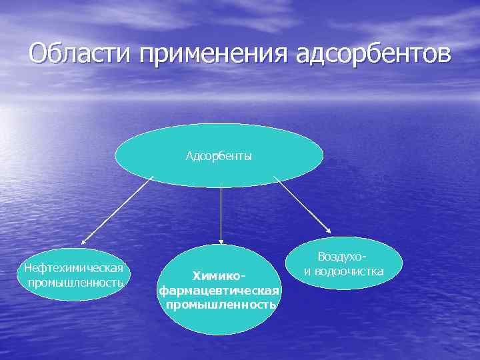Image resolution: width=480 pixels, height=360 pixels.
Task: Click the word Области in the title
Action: coord(80,53)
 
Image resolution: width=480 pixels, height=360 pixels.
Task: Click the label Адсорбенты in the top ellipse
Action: coord(219,157)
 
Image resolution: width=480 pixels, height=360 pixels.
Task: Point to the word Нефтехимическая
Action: coord(73,268)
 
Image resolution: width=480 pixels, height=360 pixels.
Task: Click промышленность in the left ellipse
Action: coord(75,282)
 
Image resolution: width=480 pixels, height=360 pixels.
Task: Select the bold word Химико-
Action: coord(219,275)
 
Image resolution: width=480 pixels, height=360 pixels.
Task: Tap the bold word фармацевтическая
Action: coord(219,290)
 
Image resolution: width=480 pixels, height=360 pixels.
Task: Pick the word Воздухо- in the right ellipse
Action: coord(343,257)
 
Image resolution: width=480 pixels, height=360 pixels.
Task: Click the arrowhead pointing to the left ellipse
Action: coord(84,242)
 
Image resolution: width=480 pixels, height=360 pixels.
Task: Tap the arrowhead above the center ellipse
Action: coord(221,241)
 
